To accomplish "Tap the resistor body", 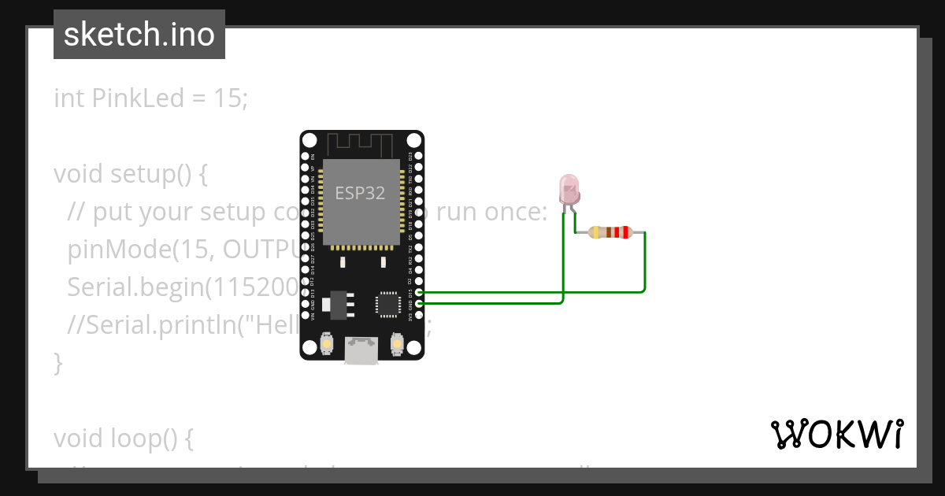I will pos(610,232).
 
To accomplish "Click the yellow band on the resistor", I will pos(595,232).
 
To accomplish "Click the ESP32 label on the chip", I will pos(360,194).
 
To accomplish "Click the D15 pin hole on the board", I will pos(419,292).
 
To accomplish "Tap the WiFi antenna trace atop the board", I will pos(361,145).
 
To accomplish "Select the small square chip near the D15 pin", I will pos(387,304).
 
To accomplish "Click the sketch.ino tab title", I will pos(139,35).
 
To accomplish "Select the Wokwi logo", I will pos(836,434).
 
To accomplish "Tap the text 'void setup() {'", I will pos(131,173).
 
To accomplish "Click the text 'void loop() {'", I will pos(124,438).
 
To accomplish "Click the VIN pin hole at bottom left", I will pos(305,314).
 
